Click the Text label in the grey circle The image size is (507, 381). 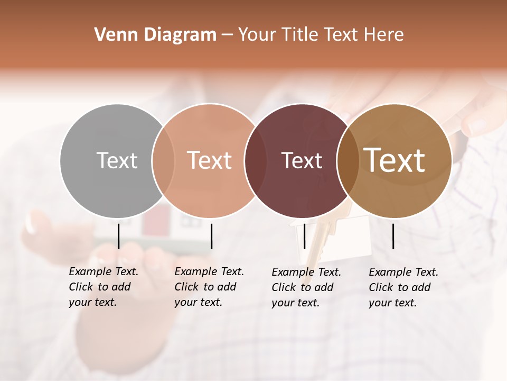click(117, 160)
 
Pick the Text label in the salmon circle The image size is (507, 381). click(210, 160)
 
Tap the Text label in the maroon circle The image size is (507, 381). click(302, 160)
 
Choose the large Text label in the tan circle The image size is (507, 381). click(395, 160)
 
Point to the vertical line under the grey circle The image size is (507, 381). click(119, 236)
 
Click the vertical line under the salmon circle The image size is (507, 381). click(211, 236)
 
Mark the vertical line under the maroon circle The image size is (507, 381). click(305, 236)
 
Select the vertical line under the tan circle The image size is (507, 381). click(393, 236)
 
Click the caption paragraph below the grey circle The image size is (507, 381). click(103, 287)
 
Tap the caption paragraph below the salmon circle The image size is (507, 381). click(209, 287)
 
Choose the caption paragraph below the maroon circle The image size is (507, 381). click(306, 287)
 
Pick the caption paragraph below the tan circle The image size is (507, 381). click(403, 287)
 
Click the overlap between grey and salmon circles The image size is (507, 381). click(163, 160)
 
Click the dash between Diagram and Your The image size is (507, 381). click(227, 35)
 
